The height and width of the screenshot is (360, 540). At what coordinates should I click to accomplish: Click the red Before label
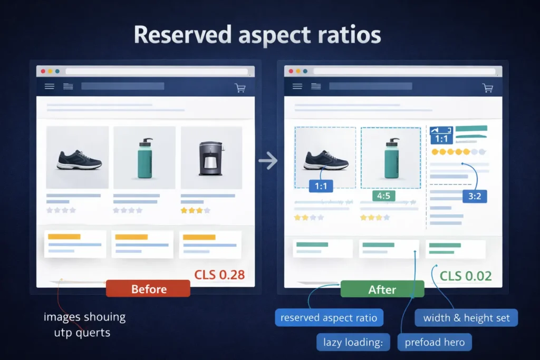tap(148, 289)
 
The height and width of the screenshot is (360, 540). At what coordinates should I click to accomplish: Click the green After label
tap(382, 289)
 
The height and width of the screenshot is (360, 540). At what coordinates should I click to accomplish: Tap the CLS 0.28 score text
tap(219, 275)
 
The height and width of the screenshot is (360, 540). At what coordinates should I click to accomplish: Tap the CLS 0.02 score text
tap(466, 276)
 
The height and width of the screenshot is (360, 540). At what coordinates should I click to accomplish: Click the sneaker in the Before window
tap(77, 160)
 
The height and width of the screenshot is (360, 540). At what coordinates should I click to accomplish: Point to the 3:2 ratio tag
tap(474, 197)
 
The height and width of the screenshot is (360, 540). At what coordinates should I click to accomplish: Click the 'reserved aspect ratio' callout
tap(329, 318)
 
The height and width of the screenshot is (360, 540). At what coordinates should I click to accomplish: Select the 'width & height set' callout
tap(466, 318)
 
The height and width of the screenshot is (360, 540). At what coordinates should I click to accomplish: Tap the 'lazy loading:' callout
tap(353, 343)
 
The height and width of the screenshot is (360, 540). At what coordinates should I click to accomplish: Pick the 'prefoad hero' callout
tap(435, 343)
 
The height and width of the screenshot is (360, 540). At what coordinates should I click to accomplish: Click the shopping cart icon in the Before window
tap(240, 87)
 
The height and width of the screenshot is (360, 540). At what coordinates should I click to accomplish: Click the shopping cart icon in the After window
tap(488, 87)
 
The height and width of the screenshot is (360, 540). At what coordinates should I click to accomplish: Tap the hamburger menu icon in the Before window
tap(50, 86)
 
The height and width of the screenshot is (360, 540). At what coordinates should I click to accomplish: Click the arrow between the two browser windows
tap(268, 161)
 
